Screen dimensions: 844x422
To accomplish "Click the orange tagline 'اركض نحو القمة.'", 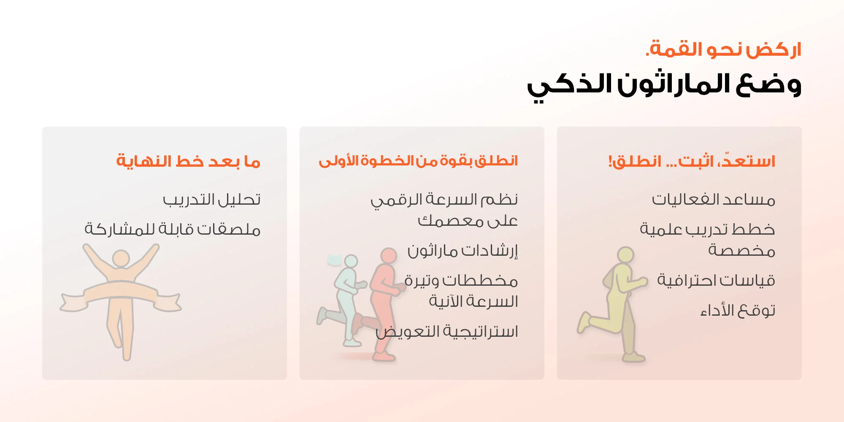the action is (723, 49).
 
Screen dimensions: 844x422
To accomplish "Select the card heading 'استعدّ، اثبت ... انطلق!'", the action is (692, 161).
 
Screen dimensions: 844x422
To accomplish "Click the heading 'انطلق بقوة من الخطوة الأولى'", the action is (418, 161).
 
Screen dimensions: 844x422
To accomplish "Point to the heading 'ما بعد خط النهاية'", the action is (188, 161).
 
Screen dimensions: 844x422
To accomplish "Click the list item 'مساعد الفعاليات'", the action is (714, 199).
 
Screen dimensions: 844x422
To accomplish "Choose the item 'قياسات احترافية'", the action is (716, 280).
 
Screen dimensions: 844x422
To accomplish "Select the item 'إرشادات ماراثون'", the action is (463, 251).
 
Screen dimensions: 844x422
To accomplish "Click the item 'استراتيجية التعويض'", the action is (447, 332).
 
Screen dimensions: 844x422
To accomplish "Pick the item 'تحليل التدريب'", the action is (212, 199).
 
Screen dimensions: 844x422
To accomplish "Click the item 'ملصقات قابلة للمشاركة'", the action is (173, 229).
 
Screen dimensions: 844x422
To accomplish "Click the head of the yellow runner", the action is (625, 255).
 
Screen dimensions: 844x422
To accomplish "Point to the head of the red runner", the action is (389, 256).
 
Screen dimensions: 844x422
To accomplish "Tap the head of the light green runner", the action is (351, 261).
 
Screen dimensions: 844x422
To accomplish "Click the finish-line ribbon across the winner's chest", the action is (121, 295).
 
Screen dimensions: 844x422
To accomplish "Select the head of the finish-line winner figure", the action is (121, 258).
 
